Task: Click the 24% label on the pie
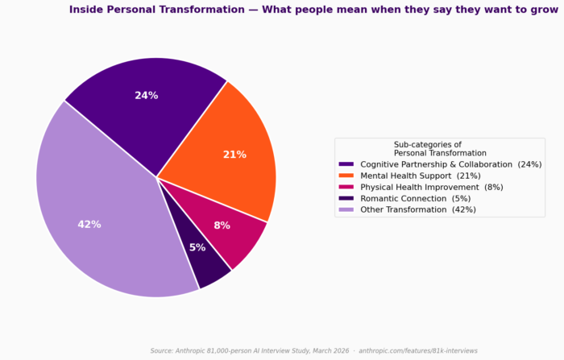point(146,95)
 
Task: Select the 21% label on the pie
point(234,155)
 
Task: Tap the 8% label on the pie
point(222,226)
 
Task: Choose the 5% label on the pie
point(197,248)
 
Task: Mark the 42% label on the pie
point(89,224)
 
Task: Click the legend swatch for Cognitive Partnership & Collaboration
point(346,164)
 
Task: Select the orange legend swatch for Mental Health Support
point(346,176)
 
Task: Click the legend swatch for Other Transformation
point(346,209)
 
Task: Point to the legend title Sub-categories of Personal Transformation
point(440,148)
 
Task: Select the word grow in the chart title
point(543,10)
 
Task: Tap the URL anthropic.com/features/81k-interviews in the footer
point(417,351)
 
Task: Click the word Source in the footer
point(163,351)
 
